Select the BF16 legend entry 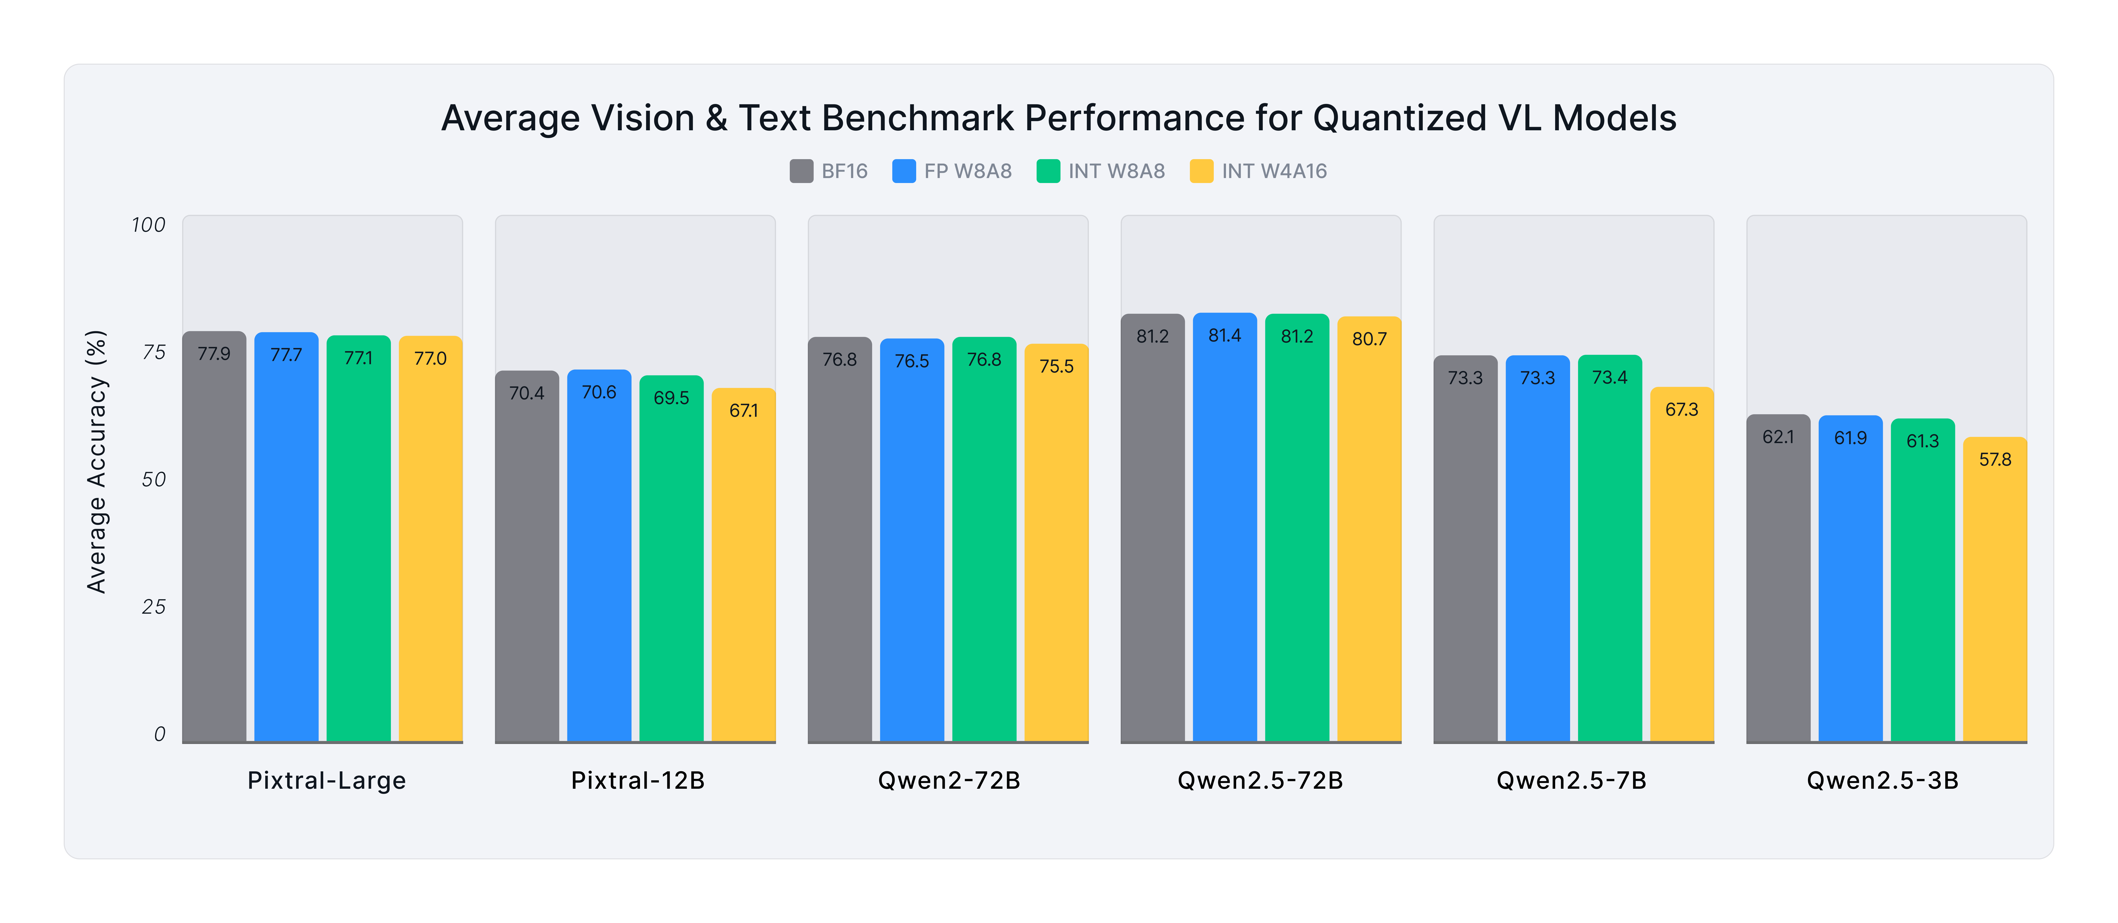829,171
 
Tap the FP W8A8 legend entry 952,171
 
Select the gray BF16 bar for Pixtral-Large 214,543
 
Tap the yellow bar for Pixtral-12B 743,575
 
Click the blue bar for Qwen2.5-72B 1224,534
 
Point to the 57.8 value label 1995,460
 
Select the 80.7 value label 1369,339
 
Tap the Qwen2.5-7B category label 1571,780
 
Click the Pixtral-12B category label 638,780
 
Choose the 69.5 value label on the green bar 671,398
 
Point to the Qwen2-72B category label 949,780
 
